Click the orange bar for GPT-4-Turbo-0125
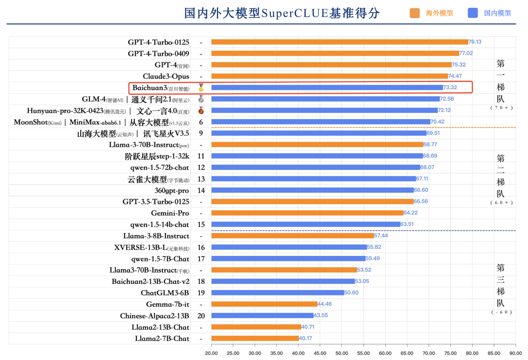(339, 42)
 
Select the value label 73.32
(450, 87)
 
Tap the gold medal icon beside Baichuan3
(200, 88)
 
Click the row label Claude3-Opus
(166, 76)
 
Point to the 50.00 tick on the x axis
(341, 353)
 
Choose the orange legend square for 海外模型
(415, 13)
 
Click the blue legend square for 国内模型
(473, 13)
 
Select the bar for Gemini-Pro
(307, 213)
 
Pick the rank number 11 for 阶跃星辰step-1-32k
(201, 156)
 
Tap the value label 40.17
(306, 339)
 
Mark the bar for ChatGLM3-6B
(277, 293)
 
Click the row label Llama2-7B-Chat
(162, 339)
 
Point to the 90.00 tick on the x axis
(515, 353)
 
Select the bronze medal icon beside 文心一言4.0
(200, 110)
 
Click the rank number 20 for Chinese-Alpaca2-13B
(201, 316)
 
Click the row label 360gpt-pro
(172, 191)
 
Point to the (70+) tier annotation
(501, 107)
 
